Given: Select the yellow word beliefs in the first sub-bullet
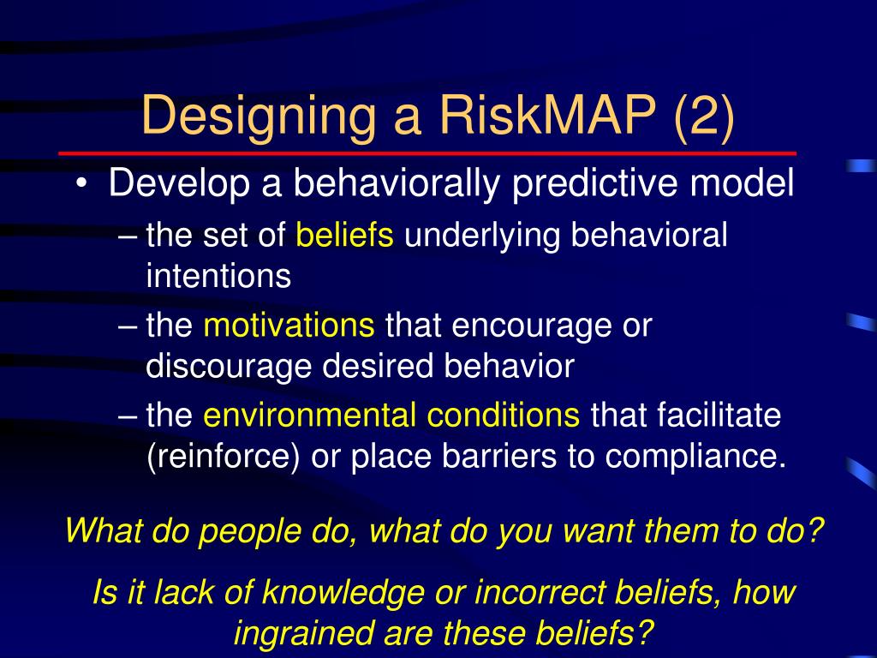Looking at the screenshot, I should [x=344, y=236].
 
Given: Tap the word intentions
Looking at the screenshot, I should [x=218, y=276].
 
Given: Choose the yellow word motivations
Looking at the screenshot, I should [x=289, y=326].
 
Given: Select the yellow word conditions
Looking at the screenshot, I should [x=504, y=416].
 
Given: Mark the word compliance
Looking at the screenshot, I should [x=695, y=457].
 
